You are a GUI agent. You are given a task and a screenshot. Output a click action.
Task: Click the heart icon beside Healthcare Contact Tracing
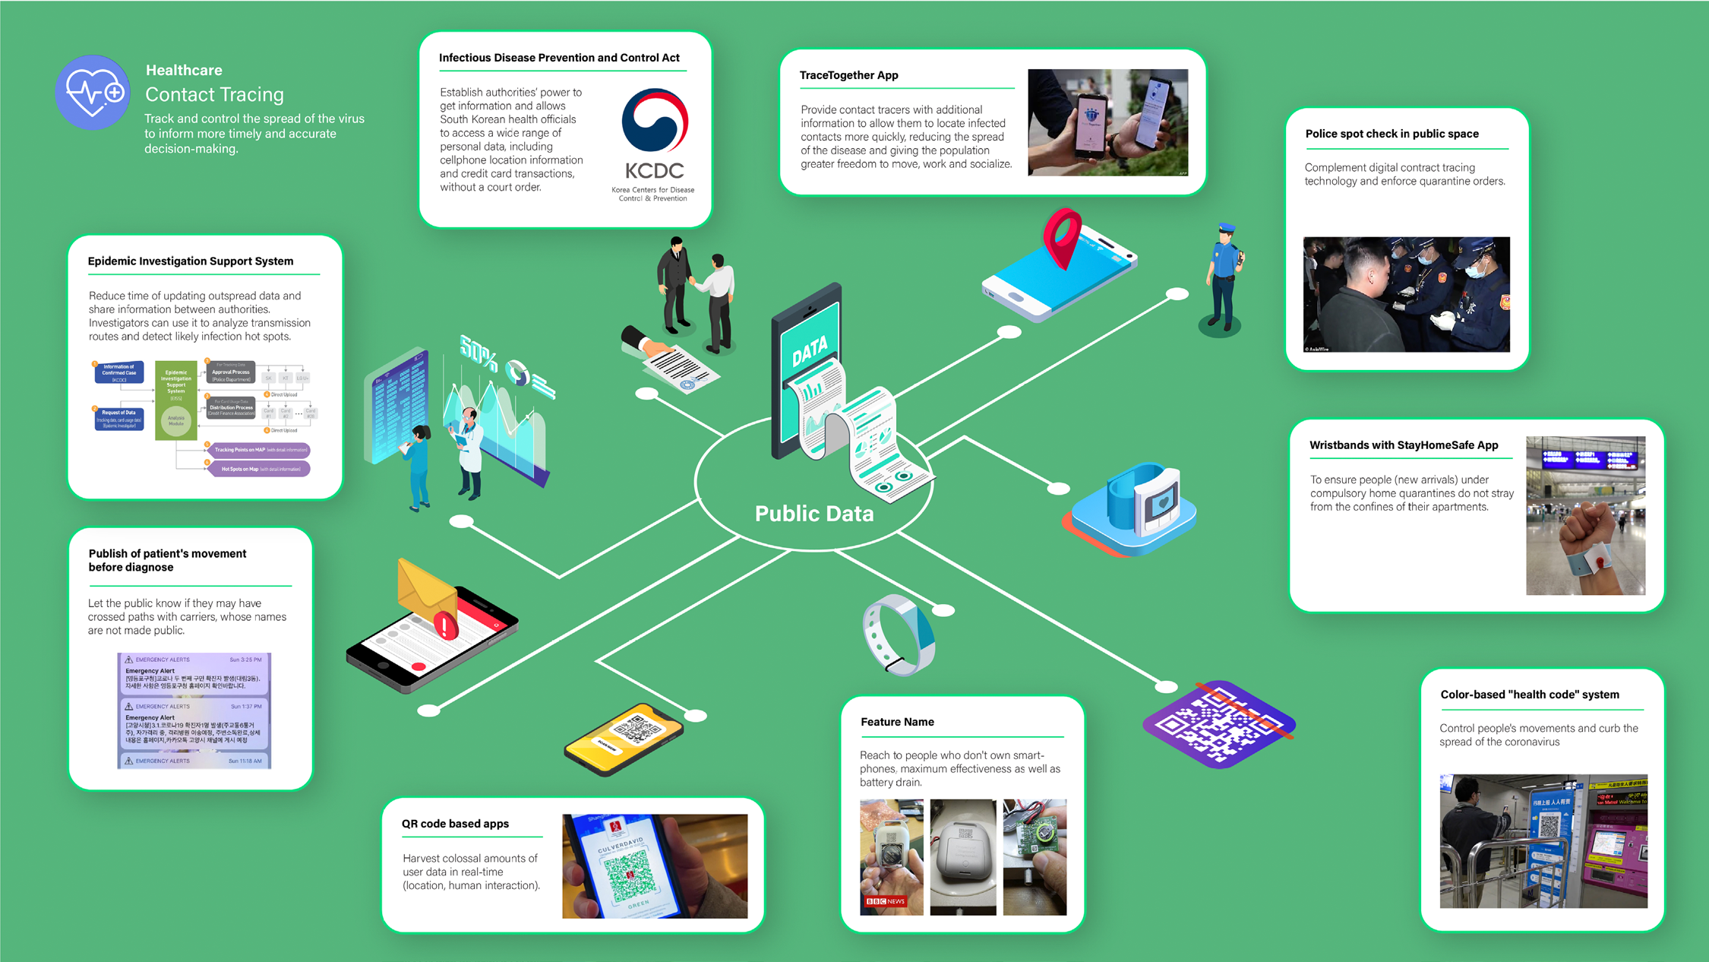coord(93,92)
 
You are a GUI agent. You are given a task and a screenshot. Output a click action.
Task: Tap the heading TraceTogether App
coord(848,75)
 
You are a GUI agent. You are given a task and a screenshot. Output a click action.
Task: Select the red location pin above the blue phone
coord(1063,236)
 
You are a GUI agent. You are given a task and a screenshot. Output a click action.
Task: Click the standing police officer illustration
coord(1224,277)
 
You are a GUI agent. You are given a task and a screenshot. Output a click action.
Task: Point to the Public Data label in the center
coord(813,514)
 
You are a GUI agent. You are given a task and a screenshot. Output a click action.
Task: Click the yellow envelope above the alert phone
coord(425,593)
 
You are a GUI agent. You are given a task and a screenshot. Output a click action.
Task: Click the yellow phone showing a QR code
coord(624,738)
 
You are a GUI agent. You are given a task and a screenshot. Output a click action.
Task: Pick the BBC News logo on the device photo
coord(886,901)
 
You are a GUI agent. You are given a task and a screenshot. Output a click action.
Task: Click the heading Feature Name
coord(897,722)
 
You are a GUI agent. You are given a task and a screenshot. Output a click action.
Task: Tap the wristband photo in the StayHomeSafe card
coord(1585,515)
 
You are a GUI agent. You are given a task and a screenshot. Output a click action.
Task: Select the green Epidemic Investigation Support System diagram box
coord(176,400)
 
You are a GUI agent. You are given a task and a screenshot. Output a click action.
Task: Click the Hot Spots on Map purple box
coord(259,469)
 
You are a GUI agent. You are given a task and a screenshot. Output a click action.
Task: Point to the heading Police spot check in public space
coord(1392,134)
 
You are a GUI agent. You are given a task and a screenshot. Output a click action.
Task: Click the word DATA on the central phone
coord(810,350)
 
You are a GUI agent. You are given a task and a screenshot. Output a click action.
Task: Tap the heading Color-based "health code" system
coord(1529,695)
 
